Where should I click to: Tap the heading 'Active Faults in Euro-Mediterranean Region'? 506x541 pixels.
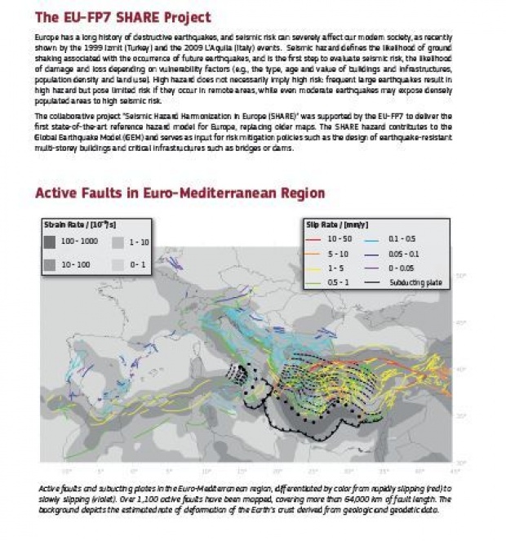pos(180,193)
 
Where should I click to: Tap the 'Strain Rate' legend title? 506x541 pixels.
pos(75,224)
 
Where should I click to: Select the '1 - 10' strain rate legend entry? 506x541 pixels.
pos(117,242)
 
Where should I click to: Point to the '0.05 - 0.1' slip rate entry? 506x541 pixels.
pos(402,253)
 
